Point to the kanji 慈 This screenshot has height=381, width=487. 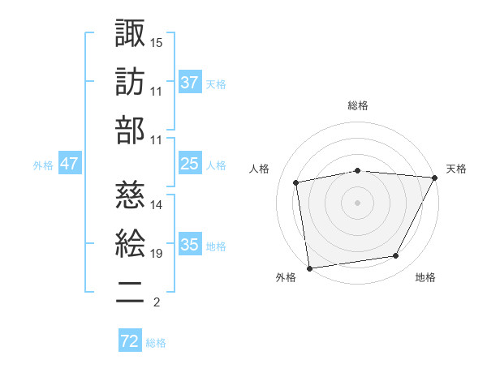[130, 195]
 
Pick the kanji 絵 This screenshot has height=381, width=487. [130, 242]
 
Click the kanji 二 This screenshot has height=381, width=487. [130, 291]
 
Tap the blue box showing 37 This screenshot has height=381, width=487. [189, 83]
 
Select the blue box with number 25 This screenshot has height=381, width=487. [189, 164]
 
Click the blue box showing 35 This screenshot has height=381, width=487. [189, 245]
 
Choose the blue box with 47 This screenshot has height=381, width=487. [69, 164]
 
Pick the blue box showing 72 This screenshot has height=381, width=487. [130, 341]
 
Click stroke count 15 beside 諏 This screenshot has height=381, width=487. [157, 41]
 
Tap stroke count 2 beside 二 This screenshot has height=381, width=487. [156, 302]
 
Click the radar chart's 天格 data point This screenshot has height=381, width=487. [435, 178]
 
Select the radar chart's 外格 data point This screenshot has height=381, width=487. [309, 268]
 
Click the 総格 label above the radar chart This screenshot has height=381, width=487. [358, 106]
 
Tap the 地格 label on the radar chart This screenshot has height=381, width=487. [425, 278]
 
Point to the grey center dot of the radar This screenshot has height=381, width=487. [358, 202]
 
